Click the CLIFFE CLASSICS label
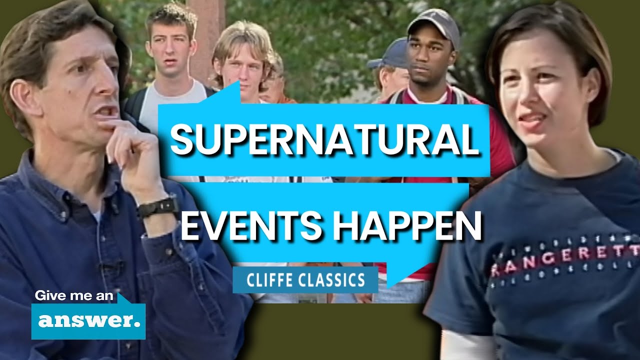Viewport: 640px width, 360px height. pyautogui.click(x=305, y=279)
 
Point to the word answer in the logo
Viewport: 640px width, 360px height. pyautogui.click(x=88, y=320)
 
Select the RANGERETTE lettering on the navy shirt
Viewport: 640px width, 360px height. pyautogui.click(x=565, y=260)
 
